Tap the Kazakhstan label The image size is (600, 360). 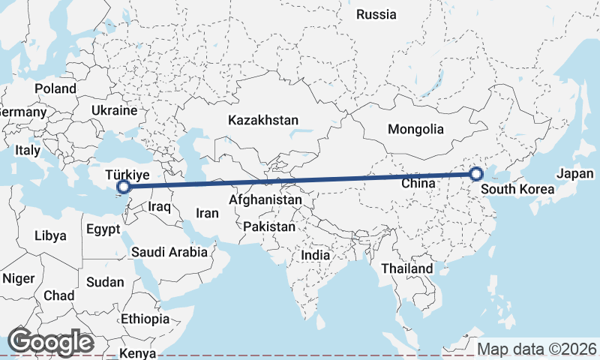click(x=264, y=120)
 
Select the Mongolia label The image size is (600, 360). click(x=415, y=129)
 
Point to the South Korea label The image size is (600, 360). click(x=517, y=190)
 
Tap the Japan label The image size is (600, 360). click(x=575, y=174)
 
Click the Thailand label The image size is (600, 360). click(x=406, y=268)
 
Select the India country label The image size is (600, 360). click(x=316, y=255)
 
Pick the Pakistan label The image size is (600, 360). click(x=270, y=226)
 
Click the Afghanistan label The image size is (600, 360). click(x=265, y=201)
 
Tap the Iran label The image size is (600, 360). click(x=207, y=213)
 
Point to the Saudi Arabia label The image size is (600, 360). click(x=169, y=252)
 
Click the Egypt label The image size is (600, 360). click(x=103, y=229)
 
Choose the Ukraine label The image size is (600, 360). click(x=114, y=110)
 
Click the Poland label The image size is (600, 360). click(x=55, y=88)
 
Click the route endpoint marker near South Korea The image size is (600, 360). click(x=476, y=175)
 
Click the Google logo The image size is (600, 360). click(x=50, y=342)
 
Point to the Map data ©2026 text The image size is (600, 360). click(x=537, y=349)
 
